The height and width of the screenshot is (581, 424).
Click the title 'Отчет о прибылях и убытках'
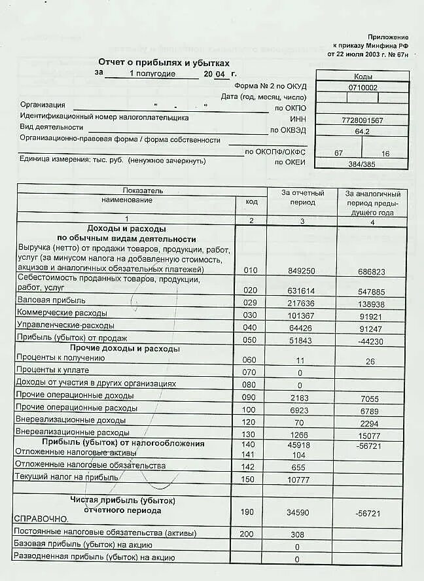164,62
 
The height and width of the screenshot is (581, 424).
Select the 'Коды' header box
362,76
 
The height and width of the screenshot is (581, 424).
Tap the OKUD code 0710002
362,87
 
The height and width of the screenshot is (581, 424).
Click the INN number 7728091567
362,120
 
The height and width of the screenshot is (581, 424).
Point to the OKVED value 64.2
362,132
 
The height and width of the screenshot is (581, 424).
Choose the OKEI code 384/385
362,164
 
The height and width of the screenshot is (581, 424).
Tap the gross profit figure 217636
300,304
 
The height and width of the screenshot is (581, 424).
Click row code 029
251,304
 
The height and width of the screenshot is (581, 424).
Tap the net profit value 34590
301,514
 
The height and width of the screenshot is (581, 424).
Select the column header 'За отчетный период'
302,198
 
